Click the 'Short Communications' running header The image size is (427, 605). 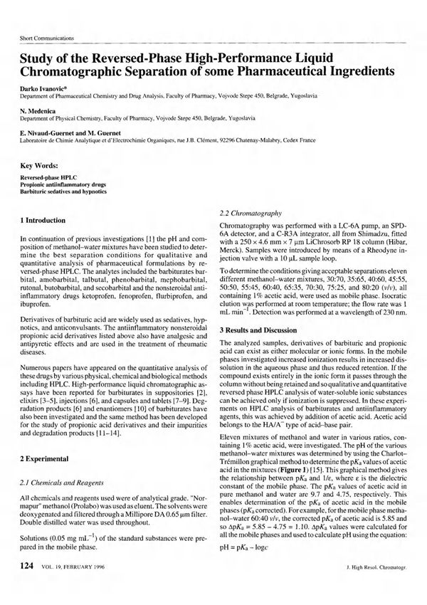(46, 38)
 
